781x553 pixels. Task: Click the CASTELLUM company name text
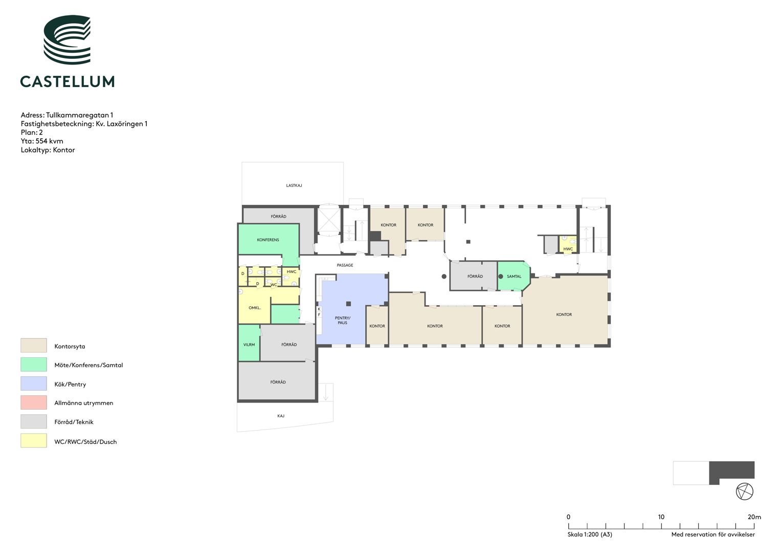pyautogui.click(x=68, y=81)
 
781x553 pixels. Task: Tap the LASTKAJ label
pyautogui.click(x=294, y=185)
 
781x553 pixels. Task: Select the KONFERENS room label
pyautogui.click(x=268, y=240)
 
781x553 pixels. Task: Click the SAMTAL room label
pyautogui.click(x=514, y=276)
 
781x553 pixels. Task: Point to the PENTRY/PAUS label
pyautogui.click(x=342, y=320)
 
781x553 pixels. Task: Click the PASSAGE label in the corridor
pyautogui.click(x=345, y=265)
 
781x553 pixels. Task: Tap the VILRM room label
pyautogui.click(x=249, y=345)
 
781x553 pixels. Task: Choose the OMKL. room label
pyautogui.click(x=255, y=308)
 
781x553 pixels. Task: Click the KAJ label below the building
pyautogui.click(x=281, y=416)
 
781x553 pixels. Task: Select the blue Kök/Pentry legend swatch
pyautogui.click(x=33, y=384)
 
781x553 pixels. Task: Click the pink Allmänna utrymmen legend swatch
pyautogui.click(x=33, y=402)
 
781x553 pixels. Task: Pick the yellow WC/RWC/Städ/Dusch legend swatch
pyautogui.click(x=33, y=440)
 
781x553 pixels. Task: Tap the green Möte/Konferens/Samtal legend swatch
pyautogui.click(x=33, y=365)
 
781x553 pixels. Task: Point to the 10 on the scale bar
pyautogui.click(x=661, y=517)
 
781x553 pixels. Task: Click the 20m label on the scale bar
pyautogui.click(x=754, y=517)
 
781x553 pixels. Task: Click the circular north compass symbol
pyautogui.click(x=744, y=492)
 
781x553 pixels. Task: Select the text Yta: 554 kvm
pyautogui.click(x=42, y=141)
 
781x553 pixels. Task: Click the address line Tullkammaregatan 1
pyautogui.click(x=67, y=115)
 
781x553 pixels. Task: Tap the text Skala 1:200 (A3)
pyautogui.click(x=590, y=535)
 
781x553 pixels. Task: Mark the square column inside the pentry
pyautogui.click(x=348, y=304)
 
